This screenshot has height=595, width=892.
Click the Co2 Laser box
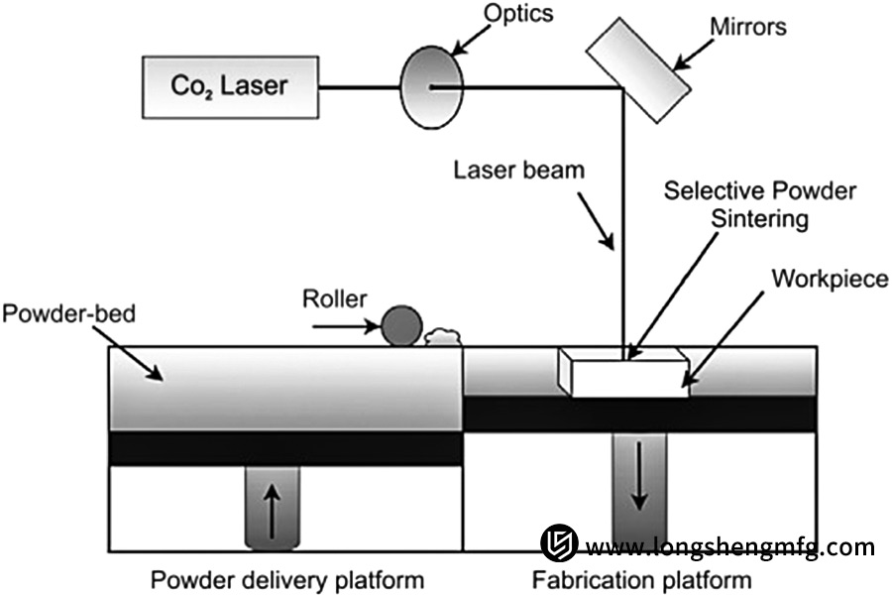pyautogui.click(x=230, y=84)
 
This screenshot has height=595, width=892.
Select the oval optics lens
pyautogui.click(x=431, y=87)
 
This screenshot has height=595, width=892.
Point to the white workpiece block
pyautogui.click(x=624, y=374)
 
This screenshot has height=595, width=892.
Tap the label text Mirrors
pyautogui.click(x=747, y=28)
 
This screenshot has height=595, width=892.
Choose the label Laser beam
pyautogui.click(x=519, y=171)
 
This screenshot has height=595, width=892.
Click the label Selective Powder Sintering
pyautogui.click(x=759, y=202)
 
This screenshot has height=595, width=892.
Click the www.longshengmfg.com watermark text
pyautogui.click(x=730, y=546)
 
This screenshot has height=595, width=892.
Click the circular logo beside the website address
pyautogui.click(x=559, y=543)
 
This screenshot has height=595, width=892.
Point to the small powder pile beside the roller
pyautogui.click(x=444, y=336)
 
